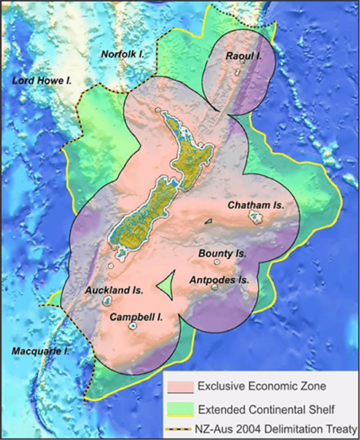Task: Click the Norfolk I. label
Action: [122, 54]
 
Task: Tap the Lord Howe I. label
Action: [41, 80]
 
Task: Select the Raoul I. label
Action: [244, 55]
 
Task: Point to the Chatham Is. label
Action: [256, 205]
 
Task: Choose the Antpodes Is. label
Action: [219, 280]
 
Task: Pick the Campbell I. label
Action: [136, 317]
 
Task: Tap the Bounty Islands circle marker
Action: [217, 262]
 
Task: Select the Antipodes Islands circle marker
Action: [215, 287]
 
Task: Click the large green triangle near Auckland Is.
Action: [166, 285]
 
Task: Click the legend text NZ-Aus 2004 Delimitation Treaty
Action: [276, 430]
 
